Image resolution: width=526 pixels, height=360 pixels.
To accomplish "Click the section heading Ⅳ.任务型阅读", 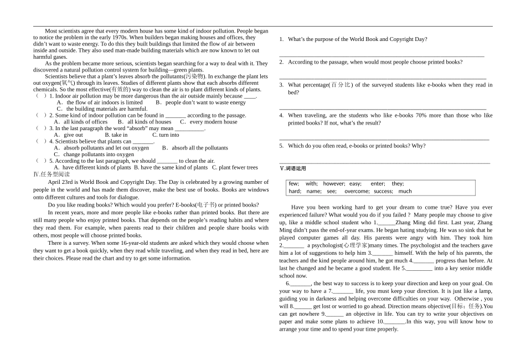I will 51,174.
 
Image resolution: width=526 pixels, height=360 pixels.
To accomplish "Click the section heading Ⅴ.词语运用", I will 293,168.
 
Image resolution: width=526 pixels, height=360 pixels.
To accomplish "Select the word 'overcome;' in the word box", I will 357,191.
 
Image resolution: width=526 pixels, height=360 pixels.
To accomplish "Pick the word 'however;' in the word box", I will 334,183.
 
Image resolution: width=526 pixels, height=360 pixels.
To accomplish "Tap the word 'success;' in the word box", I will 383,191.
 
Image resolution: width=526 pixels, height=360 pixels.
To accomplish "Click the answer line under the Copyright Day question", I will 381,56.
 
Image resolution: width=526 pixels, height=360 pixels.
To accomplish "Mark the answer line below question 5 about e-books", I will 384,163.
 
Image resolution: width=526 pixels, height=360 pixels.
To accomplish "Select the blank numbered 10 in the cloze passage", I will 394,322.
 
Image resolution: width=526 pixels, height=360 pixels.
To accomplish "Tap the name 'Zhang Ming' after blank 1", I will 410,223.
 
